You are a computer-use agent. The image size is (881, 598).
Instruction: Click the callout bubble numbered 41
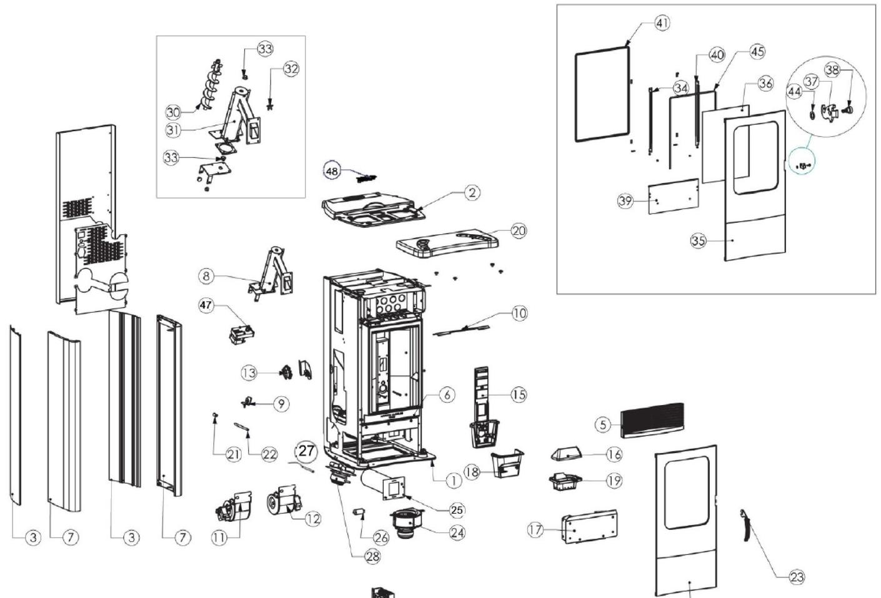point(662,23)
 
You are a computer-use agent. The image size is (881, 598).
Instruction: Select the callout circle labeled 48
point(332,170)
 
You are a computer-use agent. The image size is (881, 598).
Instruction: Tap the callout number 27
point(306,451)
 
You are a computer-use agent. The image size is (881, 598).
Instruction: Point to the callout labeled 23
point(797,577)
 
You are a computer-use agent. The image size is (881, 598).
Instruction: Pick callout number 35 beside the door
point(698,240)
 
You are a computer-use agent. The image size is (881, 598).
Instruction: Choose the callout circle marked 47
point(206,305)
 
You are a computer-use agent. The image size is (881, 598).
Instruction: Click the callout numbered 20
point(519,230)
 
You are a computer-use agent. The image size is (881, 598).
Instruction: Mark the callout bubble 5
point(602,424)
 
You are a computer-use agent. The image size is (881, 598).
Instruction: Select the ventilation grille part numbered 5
point(653,419)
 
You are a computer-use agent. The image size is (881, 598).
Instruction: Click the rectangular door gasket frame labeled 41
point(602,96)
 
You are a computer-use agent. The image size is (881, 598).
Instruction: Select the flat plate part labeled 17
point(590,526)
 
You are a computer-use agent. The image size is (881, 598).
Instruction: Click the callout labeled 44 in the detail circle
point(794,92)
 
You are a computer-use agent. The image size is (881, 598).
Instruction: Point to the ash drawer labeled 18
point(507,464)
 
